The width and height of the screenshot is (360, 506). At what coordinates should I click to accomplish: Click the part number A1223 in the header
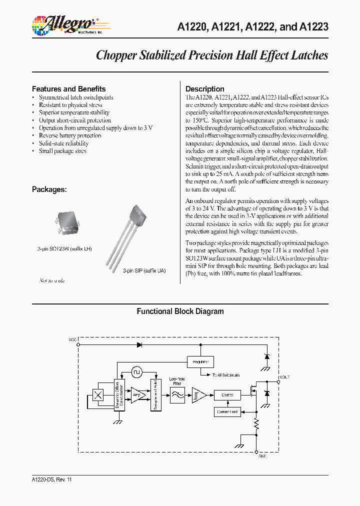[314, 27]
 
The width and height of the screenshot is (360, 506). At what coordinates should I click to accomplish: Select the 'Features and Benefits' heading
[68, 88]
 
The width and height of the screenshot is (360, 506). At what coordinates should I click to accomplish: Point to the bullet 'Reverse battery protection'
[70, 135]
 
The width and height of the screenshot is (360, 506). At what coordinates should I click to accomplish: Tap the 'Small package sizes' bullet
[62, 151]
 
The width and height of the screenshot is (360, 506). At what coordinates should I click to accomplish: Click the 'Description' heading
[204, 88]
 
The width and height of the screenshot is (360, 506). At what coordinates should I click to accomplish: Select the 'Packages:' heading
[49, 189]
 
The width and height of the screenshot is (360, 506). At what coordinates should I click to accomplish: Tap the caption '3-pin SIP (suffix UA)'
[144, 270]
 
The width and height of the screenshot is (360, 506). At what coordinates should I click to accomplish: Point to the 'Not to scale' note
[52, 281]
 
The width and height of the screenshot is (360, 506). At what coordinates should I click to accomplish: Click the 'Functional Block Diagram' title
[180, 311]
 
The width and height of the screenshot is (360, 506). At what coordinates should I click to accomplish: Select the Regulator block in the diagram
[200, 361]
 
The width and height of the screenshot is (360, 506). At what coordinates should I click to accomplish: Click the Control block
[226, 394]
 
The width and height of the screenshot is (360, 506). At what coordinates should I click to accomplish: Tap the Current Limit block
[226, 412]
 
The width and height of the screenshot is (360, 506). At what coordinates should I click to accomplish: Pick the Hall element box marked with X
[98, 394]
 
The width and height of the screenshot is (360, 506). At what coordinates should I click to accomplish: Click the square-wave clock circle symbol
[137, 372]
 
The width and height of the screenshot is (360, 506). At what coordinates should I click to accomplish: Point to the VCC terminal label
[72, 339]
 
